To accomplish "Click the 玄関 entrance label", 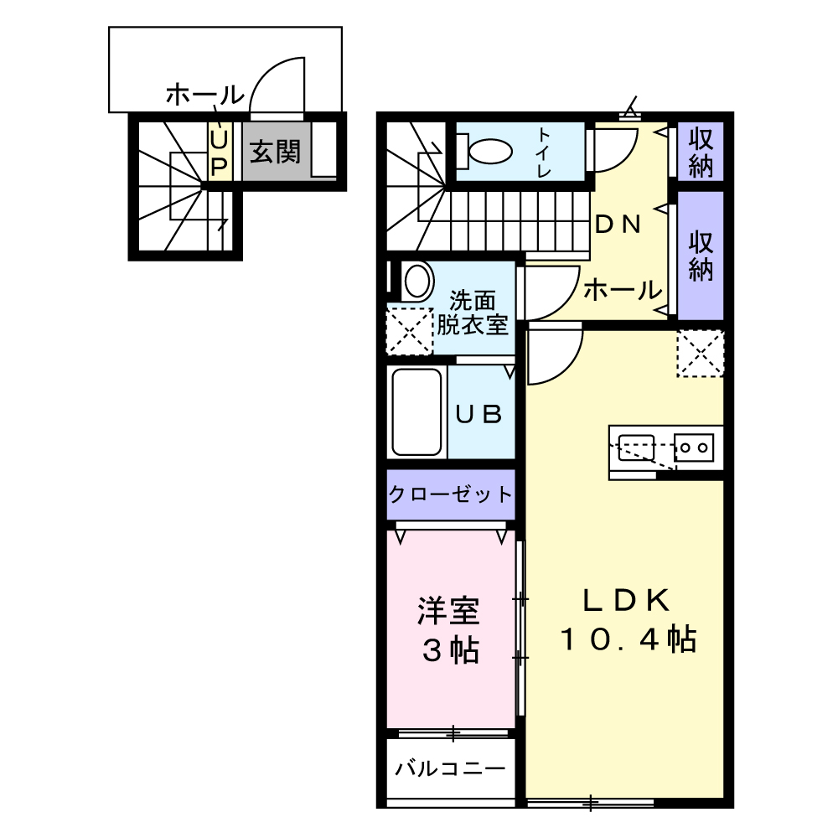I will [276, 153].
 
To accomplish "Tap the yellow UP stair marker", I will [219, 152].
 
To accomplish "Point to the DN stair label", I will [618, 224].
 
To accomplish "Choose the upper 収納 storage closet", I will [701, 152].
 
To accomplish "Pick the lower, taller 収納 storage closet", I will [701, 256].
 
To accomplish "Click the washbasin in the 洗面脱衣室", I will [416, 280].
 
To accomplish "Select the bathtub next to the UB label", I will [416, 411].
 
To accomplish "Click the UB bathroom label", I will [478, 413].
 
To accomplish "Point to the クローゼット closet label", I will [450, 494].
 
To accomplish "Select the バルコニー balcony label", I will [450, 768].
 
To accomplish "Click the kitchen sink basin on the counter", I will [637, 447].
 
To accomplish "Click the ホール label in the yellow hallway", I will [621, 291].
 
